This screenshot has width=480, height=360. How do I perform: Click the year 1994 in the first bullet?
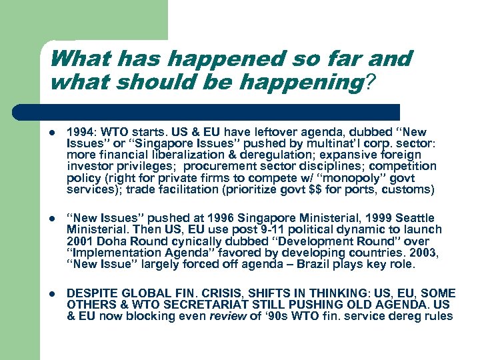coord(81,133)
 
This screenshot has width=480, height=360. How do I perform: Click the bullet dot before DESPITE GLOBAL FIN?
coord(53,293)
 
